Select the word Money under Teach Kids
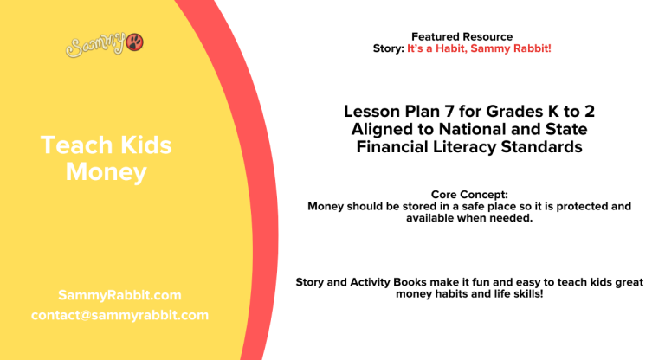coord(106,172)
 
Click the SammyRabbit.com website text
coord(119,295)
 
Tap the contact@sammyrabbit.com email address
coord(119,315)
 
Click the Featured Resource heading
coord(462,36)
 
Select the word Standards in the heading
coord(542,147)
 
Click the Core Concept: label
coord(468,195)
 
